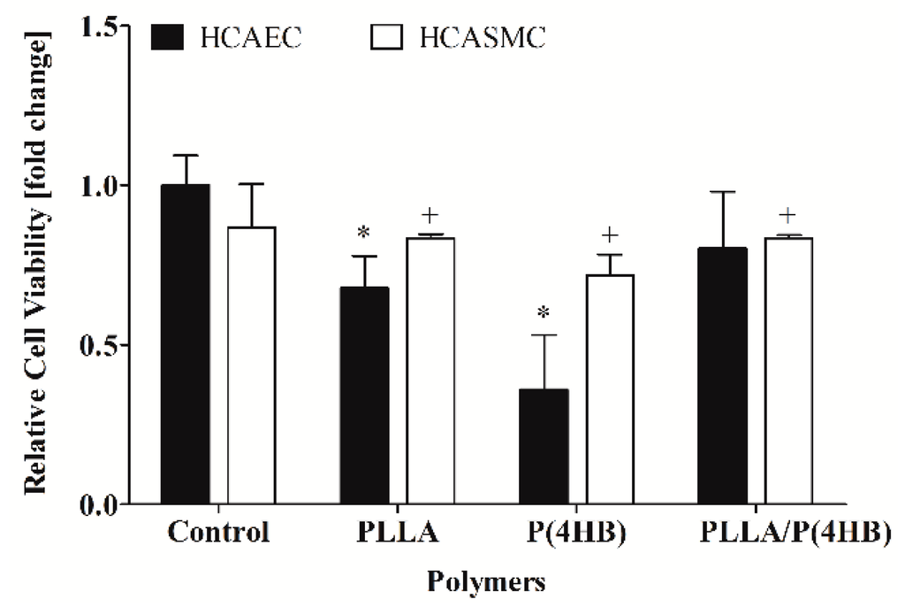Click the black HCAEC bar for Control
(185, 345)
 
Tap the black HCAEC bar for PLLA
(364, 396)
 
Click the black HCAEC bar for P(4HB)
(543, 447)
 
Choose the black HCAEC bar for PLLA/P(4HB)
(722, 376)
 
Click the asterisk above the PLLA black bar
(363, 233)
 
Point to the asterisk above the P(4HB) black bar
(543, 313)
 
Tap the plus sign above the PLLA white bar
(430, 215)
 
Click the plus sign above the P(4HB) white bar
(609, 234)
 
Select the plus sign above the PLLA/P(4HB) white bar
(788, 215)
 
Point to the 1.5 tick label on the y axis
(98, 27)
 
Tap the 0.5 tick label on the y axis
(98, 345)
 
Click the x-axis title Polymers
(485, 582)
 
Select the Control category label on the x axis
(218, 534)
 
